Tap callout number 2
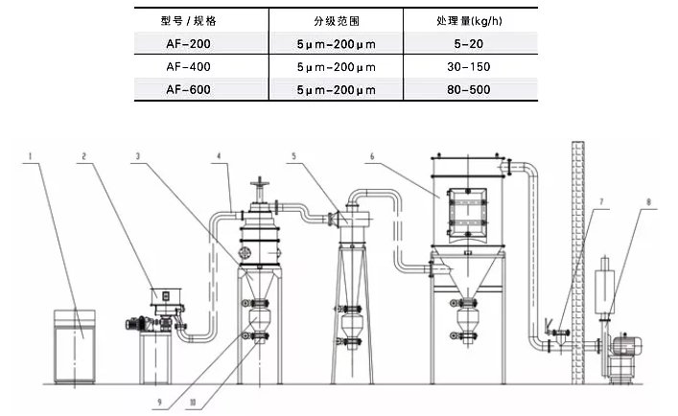(84, 154)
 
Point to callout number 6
(370, 154)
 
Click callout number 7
(601, 202)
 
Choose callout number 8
(648, 202)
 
